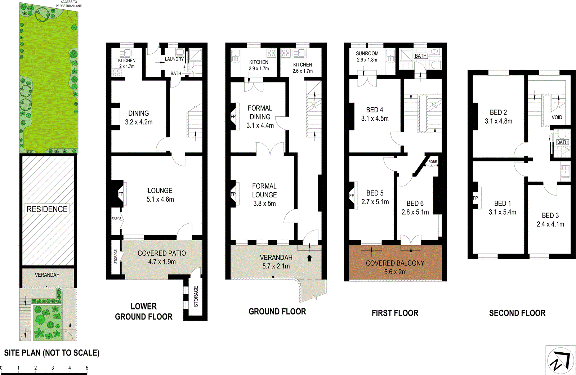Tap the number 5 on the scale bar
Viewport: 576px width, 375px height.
(x=87, y=368)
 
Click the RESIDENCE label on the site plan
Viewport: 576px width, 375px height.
(x=47, y=209)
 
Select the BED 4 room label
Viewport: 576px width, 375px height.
(x=375, y=110)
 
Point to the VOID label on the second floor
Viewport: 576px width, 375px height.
(x=557, y=117)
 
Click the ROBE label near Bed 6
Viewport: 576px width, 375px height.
(x=433, y=162)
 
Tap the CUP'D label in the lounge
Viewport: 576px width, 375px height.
(x=116, y=218)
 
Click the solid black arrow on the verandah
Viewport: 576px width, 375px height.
(x=309, y=258)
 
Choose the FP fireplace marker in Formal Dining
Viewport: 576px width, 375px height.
(x=233, y=116)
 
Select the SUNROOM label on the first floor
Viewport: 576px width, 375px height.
(x=367, y=54)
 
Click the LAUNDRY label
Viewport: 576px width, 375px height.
(x=174, y=59)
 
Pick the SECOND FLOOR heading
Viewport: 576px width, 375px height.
(x=517, y=313)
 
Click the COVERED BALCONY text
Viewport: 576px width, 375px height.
(x=395, y=263)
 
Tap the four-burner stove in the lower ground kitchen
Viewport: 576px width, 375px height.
(x=116, y=72)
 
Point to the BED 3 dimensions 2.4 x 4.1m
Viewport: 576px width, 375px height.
(x=550, y=224)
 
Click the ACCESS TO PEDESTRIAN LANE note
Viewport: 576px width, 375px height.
(x=69, y=4)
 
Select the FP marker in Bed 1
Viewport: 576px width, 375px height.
(x=475, y=198)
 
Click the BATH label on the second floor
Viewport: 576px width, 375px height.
(x=562, y=142)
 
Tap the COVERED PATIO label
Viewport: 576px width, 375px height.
(x=162, y=253)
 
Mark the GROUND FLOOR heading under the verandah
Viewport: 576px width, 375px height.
(x=277, y=312)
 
